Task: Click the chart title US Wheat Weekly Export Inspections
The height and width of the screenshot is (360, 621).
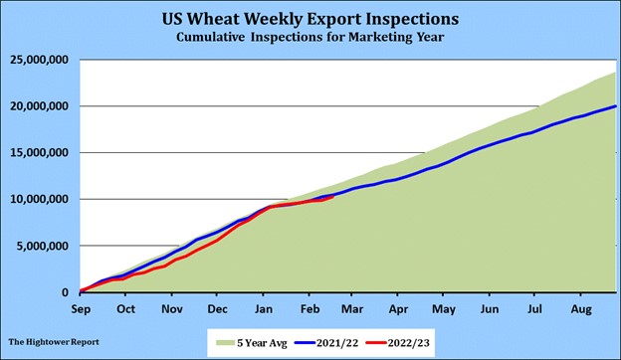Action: coord(310,18)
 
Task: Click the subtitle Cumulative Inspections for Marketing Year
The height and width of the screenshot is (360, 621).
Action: coord(310,37)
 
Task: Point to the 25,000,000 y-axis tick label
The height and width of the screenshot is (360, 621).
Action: coord(39,60)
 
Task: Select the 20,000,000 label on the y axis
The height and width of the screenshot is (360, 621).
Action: coord(39,106)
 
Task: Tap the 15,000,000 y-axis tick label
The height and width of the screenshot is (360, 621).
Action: coord(39,153)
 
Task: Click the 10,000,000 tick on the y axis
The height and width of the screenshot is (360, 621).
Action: coord(39,200)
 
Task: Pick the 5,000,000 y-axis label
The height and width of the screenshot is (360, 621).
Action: coord(43,246)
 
